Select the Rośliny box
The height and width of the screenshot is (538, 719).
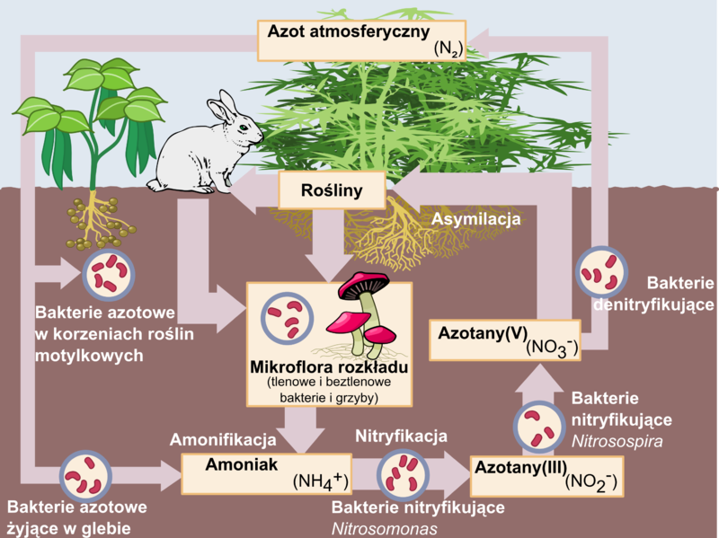coord(333,191)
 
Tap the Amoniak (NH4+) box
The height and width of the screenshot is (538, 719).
coord(264,472)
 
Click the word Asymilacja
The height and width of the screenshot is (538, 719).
coord(476,218)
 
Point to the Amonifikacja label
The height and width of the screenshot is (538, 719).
coord(222,440)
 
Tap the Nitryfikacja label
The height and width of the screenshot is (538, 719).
coord(401,437)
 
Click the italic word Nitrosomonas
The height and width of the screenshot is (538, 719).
coord(384,528)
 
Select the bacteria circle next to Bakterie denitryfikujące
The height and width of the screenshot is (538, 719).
coord(601,272)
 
